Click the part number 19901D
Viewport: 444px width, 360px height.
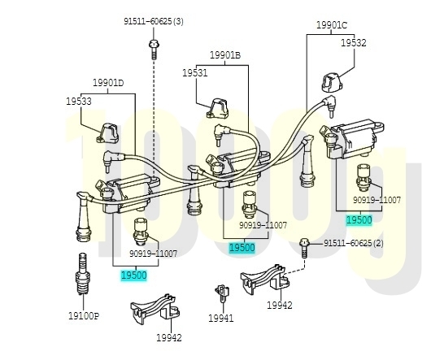pos(108,83)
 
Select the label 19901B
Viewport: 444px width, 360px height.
pos(225,55)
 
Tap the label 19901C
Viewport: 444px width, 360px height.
pos(331,25)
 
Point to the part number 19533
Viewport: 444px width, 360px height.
pos(79,101)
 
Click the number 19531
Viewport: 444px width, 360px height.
pos(195,73)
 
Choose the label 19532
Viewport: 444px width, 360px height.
pos(354,43)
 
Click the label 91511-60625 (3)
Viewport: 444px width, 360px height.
pos(154,21)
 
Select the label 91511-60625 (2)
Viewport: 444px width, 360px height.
pos(354,243)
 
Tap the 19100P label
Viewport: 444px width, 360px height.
pos(84,316)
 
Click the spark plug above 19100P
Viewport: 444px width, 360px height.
pos(83,274)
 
